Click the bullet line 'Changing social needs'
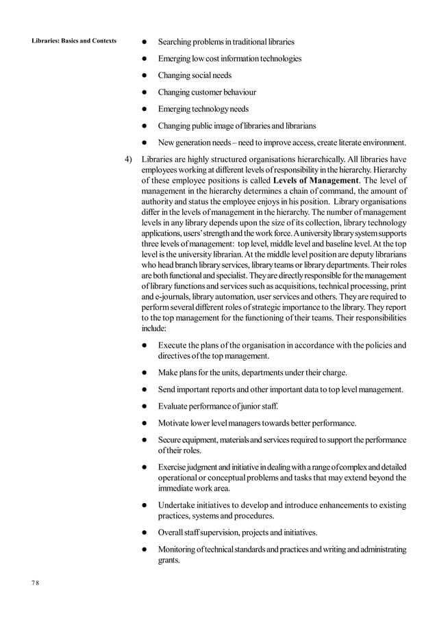coord(195,75)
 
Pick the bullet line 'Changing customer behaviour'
coord(207,92)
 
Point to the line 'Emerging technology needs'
coord(203,109)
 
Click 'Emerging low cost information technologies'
coord(229,59)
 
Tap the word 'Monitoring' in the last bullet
coord(181,550)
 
